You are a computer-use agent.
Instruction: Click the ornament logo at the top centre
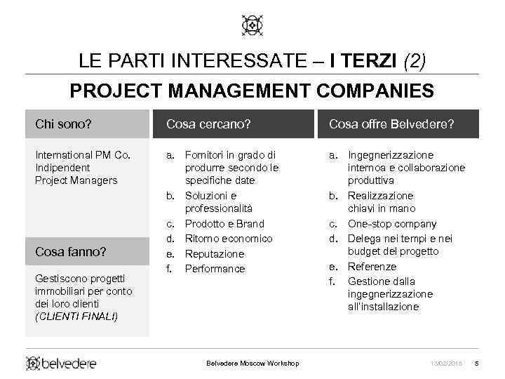252,26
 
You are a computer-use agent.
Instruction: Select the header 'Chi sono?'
63,124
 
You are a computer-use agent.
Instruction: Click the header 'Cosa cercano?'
208,124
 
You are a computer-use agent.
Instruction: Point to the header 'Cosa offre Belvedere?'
391,124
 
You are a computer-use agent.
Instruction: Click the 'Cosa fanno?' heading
70,251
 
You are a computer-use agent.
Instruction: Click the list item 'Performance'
215,269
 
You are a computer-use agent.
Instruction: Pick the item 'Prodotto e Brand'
224,224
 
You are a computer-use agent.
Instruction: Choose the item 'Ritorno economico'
229,239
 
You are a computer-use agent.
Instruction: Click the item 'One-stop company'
392,224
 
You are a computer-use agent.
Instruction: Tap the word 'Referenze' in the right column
372,267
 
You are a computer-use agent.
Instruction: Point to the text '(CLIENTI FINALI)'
76,317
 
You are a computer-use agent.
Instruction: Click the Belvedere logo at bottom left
62,363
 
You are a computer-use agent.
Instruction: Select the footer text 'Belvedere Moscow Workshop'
252,363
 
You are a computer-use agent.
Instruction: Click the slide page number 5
476,363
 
